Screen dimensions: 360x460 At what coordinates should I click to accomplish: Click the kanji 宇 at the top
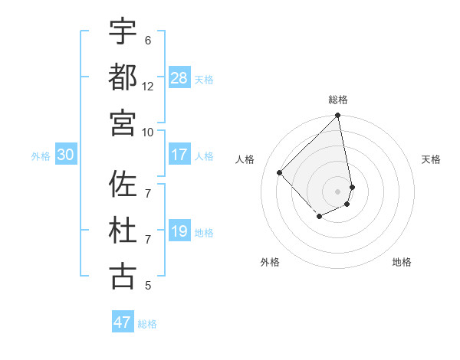[123, 31]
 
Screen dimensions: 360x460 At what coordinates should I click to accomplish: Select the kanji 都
[123, 77]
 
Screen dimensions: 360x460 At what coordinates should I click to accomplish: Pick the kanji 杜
[123, 230]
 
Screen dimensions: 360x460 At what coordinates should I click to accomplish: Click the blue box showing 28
[179, 77]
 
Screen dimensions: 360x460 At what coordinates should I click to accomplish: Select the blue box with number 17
[179, 155]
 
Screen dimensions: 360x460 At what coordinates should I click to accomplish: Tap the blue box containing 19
[179, 231]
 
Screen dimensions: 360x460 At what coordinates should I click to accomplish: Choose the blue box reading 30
[65, 155]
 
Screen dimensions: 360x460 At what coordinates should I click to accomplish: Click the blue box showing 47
[123, 322]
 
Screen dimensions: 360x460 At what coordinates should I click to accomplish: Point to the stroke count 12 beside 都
[148, 86]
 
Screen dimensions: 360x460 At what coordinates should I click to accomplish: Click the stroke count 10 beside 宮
[148, 132]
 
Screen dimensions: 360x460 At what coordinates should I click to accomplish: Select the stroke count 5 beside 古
[148, 286]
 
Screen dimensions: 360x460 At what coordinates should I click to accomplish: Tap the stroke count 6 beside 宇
[148, 40]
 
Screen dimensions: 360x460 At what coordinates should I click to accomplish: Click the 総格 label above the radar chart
[338, 100]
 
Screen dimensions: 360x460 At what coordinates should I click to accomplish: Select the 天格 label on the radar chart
[431, 159]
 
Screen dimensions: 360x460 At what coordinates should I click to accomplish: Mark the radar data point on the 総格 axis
[338, 116]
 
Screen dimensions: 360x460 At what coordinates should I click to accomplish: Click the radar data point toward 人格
[280, 172]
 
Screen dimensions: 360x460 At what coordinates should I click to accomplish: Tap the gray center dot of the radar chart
[338, 191]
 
